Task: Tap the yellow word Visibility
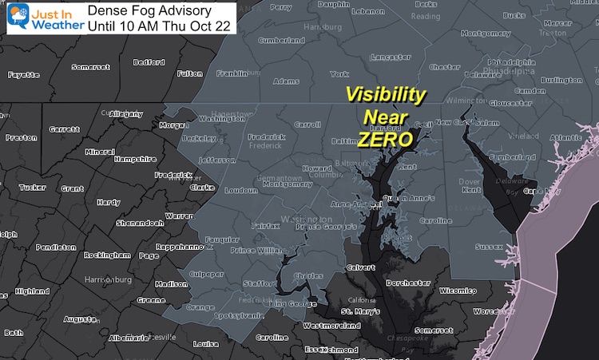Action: (385, 94)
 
